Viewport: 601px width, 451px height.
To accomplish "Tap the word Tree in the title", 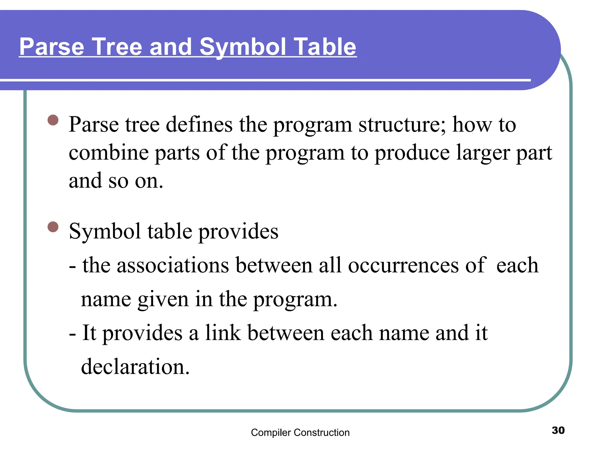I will (x=117, y=47).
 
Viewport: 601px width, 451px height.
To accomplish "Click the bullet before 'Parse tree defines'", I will (x=53, y=120).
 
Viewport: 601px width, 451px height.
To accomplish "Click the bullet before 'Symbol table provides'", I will (x=53, y=227).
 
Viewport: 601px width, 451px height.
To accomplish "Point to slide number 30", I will (x=558, y=430).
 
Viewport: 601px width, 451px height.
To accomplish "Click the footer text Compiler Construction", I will (x=300, y=433).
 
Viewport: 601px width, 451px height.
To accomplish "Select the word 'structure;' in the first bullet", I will (x=402, y=125).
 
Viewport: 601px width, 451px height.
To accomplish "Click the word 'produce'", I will (x=412, y=153).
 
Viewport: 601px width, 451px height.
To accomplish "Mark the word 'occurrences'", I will (x=403, y=265).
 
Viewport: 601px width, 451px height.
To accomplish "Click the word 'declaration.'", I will (x=135, y=367).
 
